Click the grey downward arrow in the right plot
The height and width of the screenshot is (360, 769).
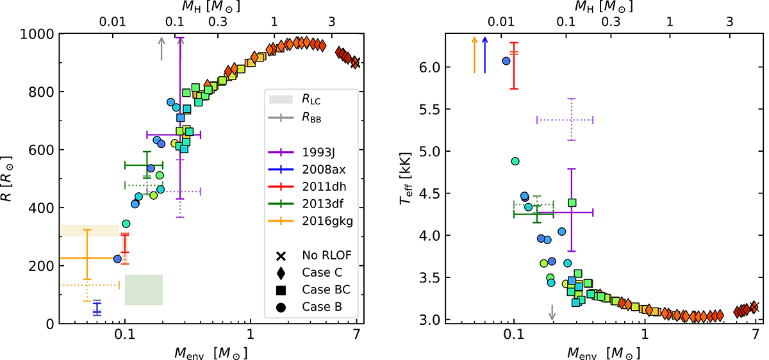(x=552, y=313)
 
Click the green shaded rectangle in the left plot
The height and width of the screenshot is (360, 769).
(x=144, y=290)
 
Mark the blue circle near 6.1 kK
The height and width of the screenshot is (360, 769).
(x=506, y=61)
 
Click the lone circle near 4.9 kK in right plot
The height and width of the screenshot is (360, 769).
(x=515, y=161)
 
